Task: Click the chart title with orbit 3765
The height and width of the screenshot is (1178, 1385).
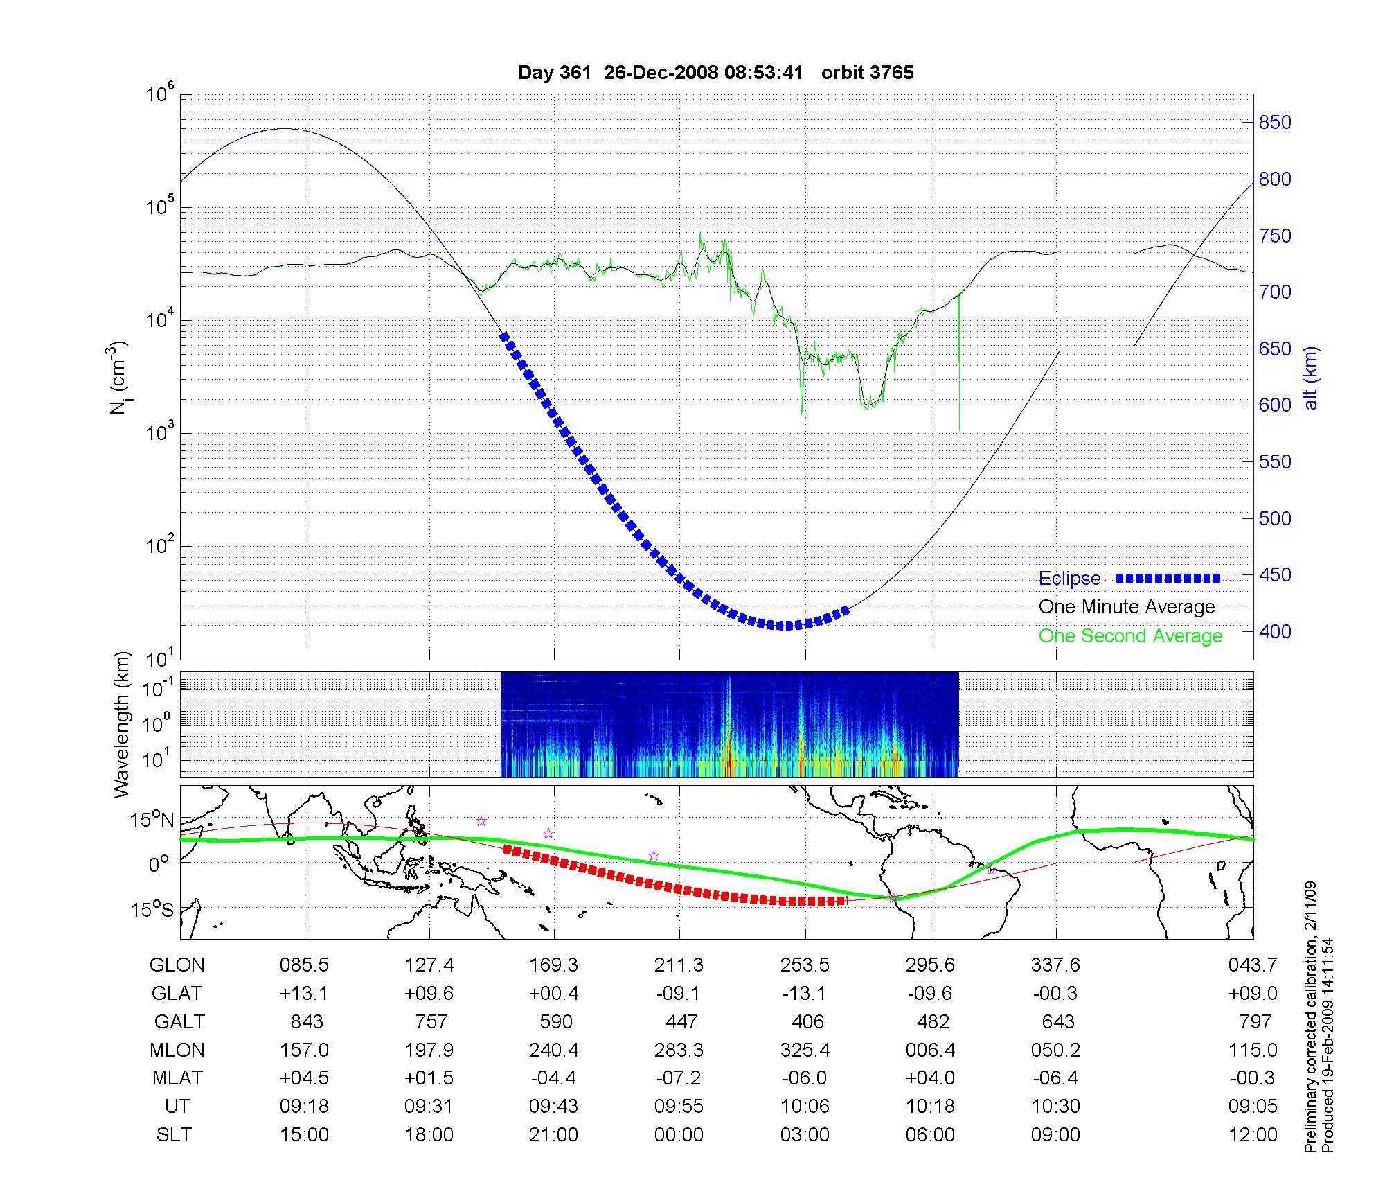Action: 715,73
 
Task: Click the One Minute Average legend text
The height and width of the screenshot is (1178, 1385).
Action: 1127,607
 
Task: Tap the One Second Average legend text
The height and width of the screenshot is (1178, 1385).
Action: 1130,636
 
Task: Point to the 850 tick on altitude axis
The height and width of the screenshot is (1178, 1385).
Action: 1275,123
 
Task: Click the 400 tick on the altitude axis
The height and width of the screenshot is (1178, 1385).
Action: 1275,631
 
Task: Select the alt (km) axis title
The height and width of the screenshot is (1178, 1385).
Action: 1311,378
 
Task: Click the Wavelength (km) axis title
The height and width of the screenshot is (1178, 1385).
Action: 123,725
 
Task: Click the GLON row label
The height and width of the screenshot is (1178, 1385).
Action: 177,965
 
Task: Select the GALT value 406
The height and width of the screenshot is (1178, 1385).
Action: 807,1021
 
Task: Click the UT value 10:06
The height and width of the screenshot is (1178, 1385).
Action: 805,1106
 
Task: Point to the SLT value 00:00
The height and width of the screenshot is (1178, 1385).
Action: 679,1134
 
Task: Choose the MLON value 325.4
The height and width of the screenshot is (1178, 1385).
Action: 805,1050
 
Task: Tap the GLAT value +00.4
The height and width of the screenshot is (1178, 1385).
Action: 553,994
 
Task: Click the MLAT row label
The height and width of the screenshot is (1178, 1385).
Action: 177,1078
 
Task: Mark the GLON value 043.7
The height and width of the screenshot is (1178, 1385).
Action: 1253,965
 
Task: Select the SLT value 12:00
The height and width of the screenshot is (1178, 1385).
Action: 1253,1134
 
